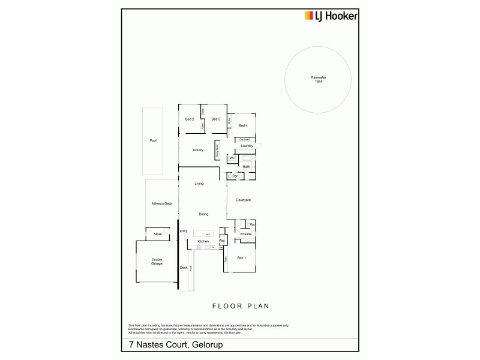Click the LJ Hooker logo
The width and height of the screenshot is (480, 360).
pos(330,16)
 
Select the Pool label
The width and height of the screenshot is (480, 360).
pos(153,140)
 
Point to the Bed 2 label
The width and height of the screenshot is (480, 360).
pos(190,119)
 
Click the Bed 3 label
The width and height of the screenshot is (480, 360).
pos(216,119)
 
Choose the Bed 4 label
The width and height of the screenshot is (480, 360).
pos(243,125)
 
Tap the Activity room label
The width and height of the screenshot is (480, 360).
pos(198,150)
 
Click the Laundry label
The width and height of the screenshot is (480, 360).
pos(247,146)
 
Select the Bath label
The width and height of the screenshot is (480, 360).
pos(247,166)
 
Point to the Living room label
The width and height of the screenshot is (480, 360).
pos(200,184)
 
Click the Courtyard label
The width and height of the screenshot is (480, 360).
pos(243,199)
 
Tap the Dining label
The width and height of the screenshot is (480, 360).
pos(204,214)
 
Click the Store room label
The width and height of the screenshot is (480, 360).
pos(157,234)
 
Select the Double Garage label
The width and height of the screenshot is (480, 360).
pos(157,262)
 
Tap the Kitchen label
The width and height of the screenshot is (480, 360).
pos(203,241)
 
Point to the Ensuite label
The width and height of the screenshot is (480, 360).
pos(246,234)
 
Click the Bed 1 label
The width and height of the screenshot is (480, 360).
pos(241,257)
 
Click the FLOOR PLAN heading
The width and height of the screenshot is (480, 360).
pos(240,305)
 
